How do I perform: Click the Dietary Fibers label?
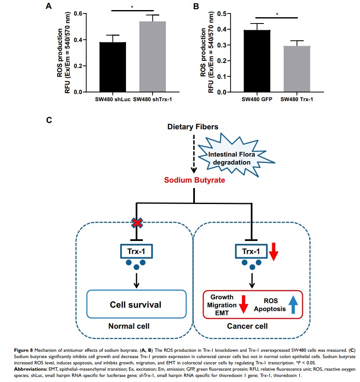pyautogui.click(x=193, y=127)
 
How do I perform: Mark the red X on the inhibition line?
pyautogui.click(x=136, y=223)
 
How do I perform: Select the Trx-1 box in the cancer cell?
pyautogui.click(x=251, y=252)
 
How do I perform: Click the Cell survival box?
pyautogui.click(x=136, y=304)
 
